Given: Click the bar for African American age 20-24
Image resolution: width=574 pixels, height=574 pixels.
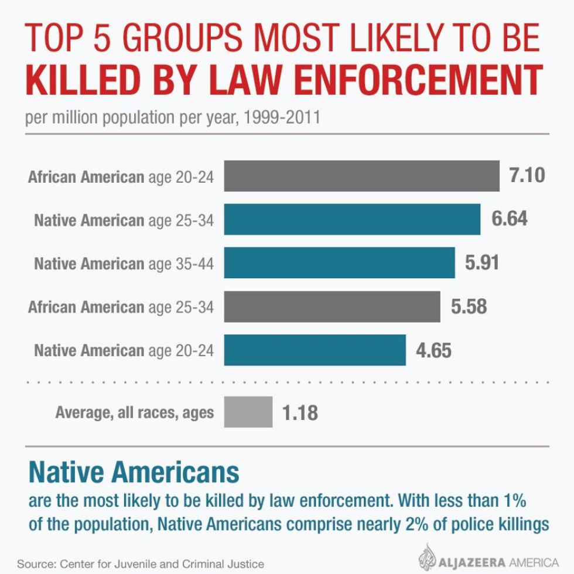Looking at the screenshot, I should point(361,176).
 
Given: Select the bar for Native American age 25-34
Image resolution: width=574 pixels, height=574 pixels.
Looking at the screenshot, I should point(352,220).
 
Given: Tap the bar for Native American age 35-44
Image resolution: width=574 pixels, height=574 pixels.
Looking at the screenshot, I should point(339,263).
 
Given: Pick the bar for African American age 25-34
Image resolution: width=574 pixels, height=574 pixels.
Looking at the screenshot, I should point(332,306).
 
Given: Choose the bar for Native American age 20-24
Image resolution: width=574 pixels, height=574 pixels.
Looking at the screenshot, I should point(315,350).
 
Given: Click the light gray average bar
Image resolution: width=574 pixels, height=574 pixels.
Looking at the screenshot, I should point(248,412).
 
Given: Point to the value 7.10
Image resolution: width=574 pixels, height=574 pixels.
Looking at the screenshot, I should point(527,175).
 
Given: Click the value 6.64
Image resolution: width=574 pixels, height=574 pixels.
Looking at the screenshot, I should point(509,219).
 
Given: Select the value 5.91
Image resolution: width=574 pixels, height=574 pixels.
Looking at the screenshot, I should point(482,262).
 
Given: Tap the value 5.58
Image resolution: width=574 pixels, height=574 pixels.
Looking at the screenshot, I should point(469,306).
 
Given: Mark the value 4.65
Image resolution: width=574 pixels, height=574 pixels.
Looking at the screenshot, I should point(433,350).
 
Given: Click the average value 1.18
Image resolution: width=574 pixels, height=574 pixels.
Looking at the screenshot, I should point(300,413).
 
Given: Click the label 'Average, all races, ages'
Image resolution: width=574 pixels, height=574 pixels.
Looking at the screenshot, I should point(135,412).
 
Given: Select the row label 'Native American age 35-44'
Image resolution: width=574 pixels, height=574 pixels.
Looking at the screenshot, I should point(124,264).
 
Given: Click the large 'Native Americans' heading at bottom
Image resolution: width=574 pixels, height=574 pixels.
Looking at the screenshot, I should point(134,472).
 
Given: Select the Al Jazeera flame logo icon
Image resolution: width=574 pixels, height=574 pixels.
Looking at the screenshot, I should point(430,556).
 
